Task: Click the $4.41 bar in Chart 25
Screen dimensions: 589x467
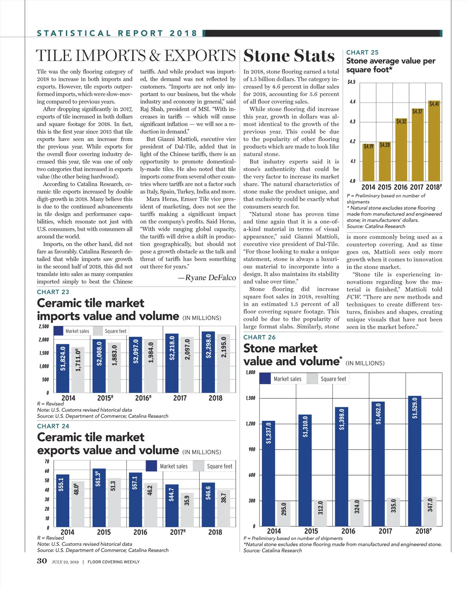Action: (434, 142)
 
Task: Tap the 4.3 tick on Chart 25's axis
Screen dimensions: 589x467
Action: (353, 122)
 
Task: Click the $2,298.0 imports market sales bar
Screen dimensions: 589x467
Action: (208, 362)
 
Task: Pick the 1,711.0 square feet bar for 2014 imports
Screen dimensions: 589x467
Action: (78, 370)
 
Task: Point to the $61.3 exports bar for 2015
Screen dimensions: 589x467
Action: (99, 498)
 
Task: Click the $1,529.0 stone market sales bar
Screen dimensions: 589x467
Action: (414, 461)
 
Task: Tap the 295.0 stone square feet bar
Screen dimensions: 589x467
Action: (283, 514)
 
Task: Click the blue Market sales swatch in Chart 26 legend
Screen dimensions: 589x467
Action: (265, 379)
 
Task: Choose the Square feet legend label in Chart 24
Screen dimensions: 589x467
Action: (219, 466)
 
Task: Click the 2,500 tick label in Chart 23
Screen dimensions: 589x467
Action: (44, 326)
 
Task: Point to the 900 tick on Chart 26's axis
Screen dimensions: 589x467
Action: (252, 449)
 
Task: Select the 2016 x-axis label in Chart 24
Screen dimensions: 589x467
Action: (140, 532)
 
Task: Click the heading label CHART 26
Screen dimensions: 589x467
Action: (259, 337)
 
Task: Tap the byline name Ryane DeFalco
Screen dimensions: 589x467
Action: (210, 277)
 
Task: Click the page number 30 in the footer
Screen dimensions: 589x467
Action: (42, 561)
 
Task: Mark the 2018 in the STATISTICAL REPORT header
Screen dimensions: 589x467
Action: (183, 33)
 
